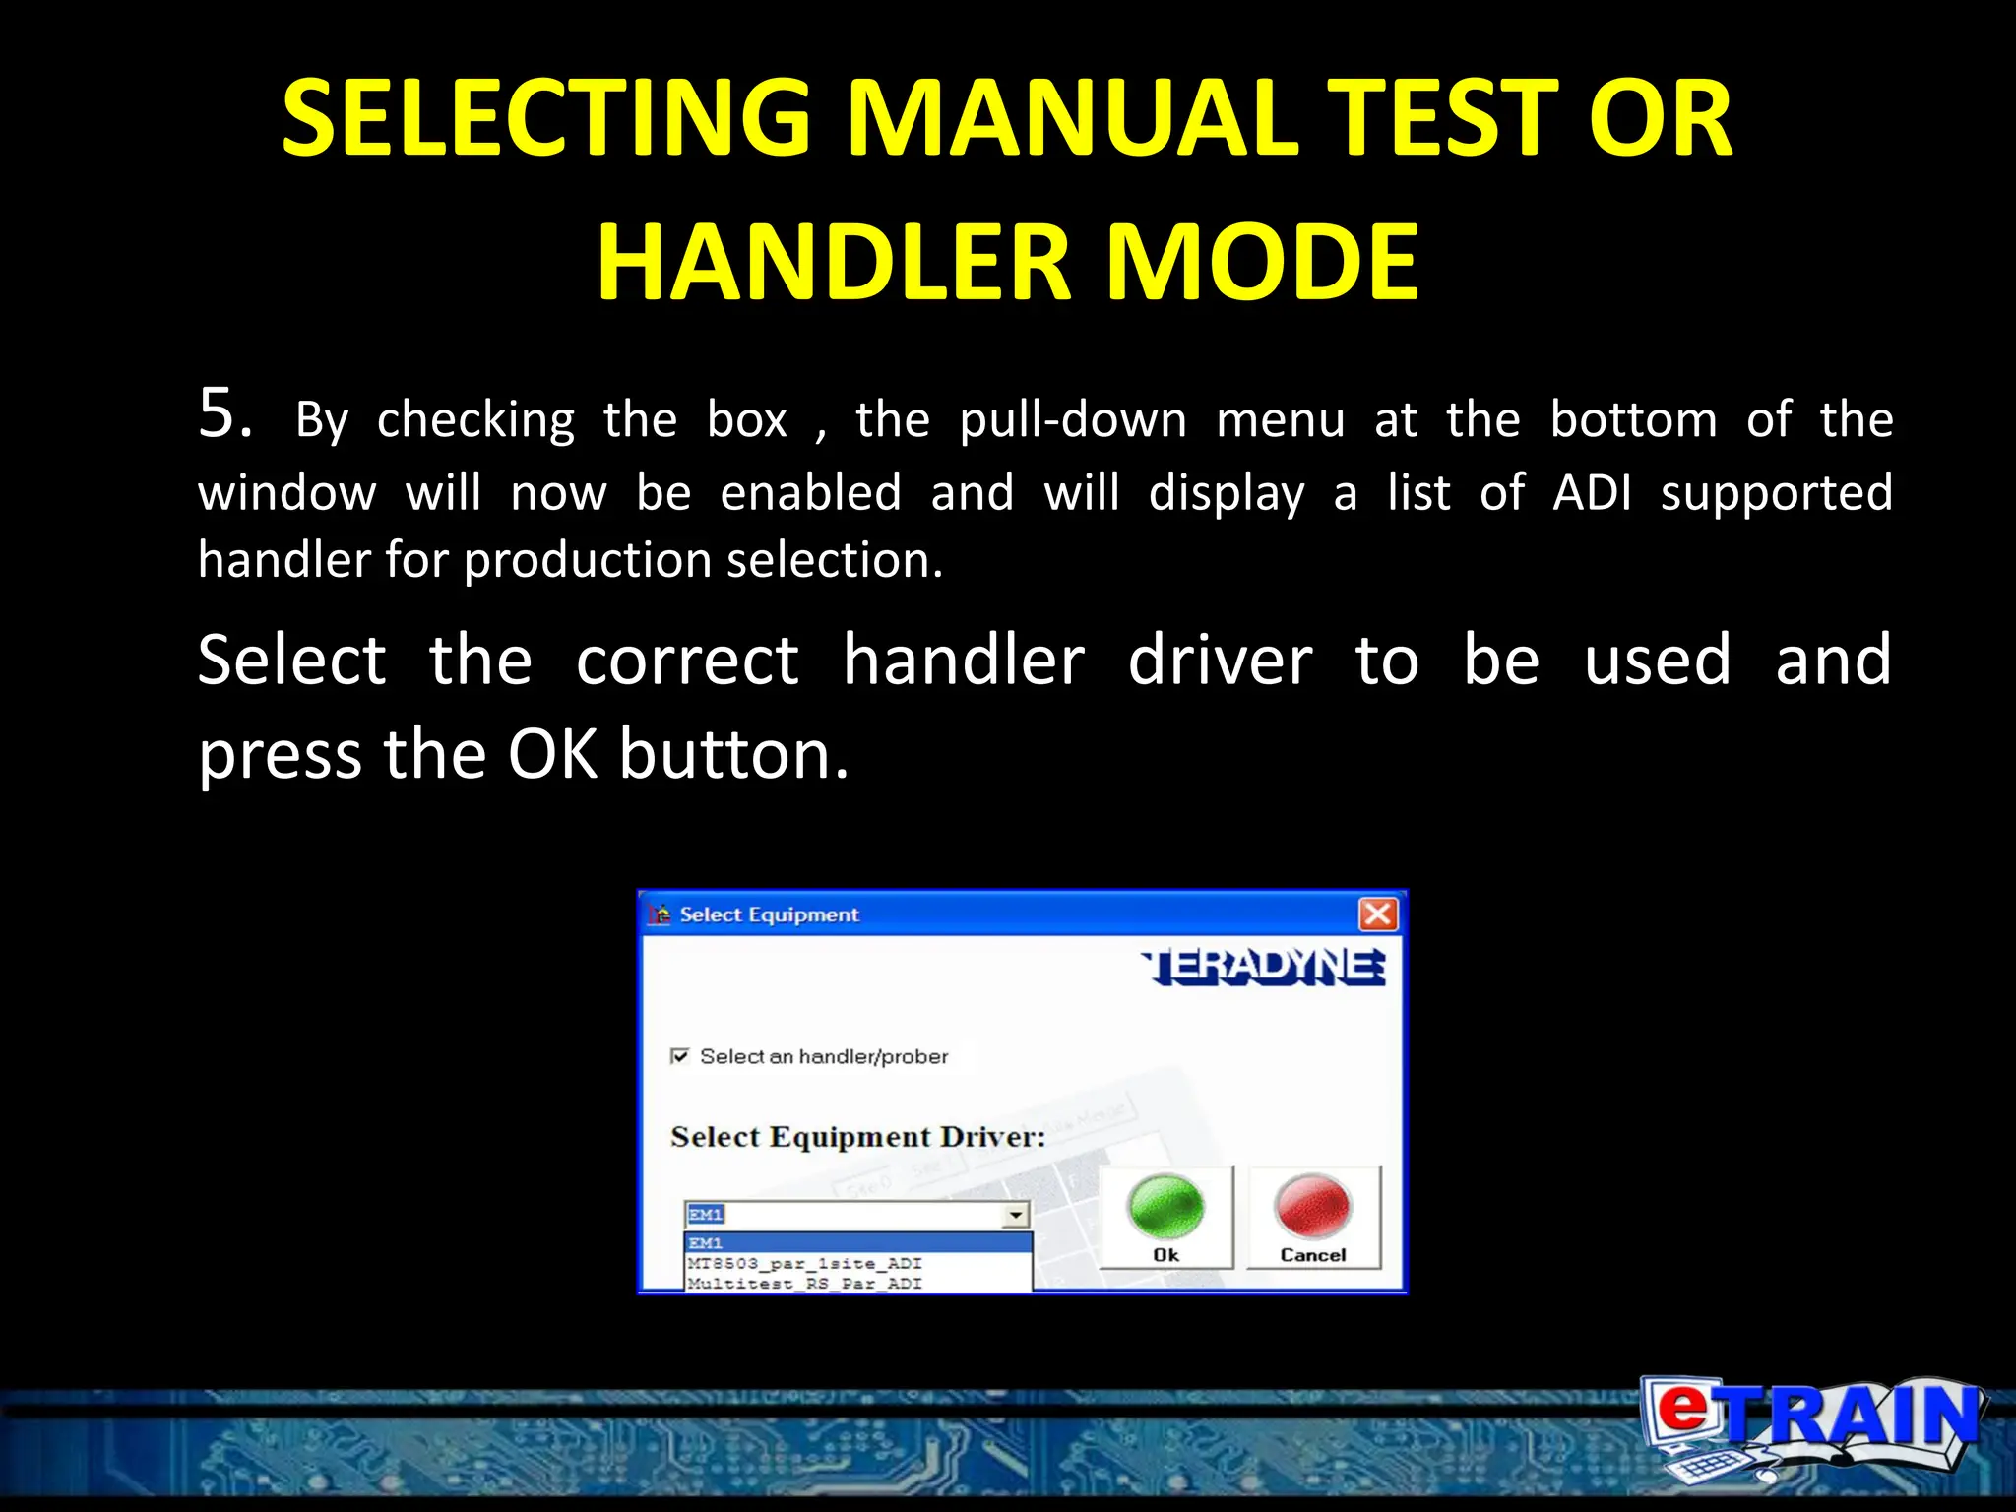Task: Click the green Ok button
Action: (x=1165, y=1217)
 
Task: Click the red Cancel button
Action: (x=1313, y=1217)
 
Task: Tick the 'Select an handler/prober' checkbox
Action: (x=679, y=1056)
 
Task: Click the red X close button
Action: (x=1377, y=913)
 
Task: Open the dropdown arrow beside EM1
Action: (x=1016, y=1215)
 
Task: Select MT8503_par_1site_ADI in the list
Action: (x=804, y=1263)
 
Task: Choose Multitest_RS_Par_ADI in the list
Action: (x=804, y=1284)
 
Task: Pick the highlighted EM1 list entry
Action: (x=856, y=1242)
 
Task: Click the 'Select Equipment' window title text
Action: (x=769, y=914)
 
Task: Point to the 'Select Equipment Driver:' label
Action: (x=857, y=1137)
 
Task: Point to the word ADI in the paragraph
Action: (x=1591, y=492)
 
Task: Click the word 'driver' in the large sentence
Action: (x=1220, y=661)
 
